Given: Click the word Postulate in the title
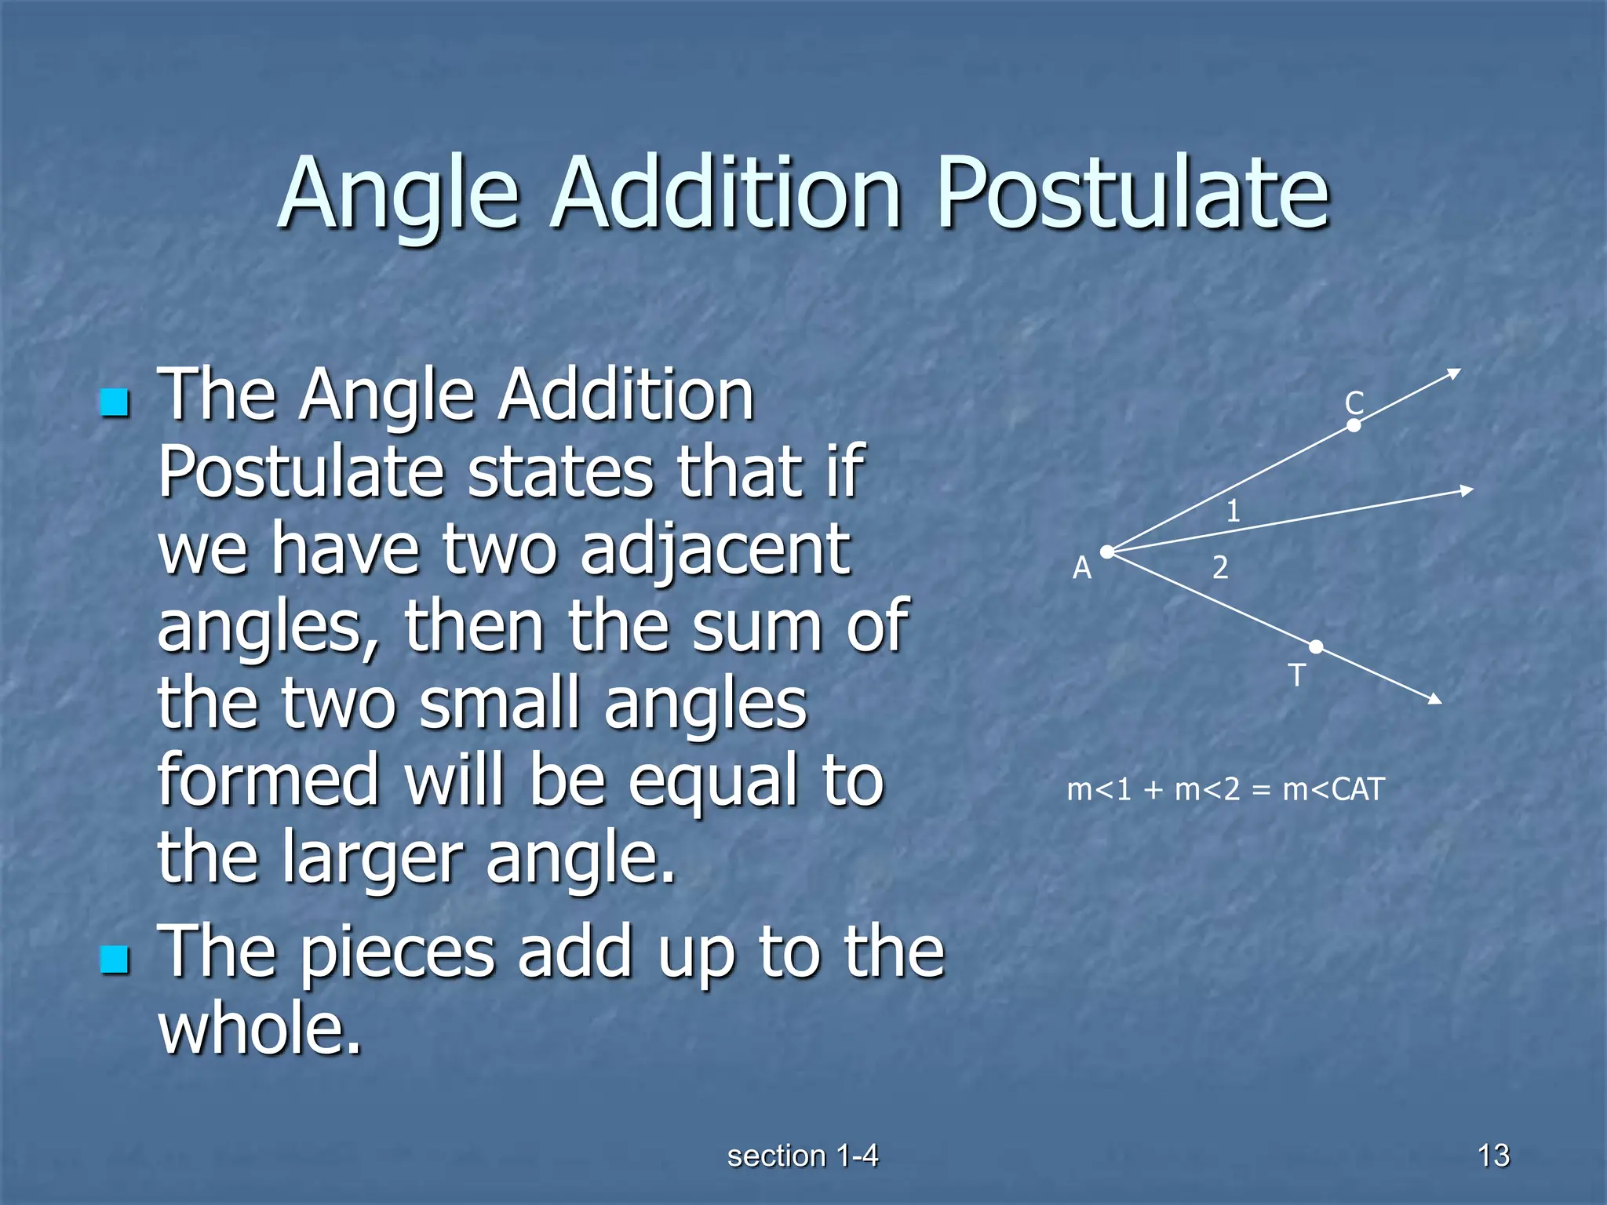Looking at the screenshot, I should pyautogui.click(x=1133, y=193).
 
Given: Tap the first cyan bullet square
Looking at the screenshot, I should pyautogui.click(x=115, y=403).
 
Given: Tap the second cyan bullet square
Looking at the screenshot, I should pyautogui.click(x=115, y=959).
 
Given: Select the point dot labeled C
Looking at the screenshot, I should pyautogui.click(x=1354, y=425).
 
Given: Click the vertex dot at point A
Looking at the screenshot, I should pyautogui.click(x=1107, y=552).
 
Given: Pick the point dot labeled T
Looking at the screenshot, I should pyautogui.click(x=1316, y=646).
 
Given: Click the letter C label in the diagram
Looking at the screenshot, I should pyautogui.click(x=1354, y=403).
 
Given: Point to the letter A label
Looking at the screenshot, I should pyautogui.click(x=1082, y=567).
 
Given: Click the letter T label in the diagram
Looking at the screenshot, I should pyautogui.click(x=1297, y=675).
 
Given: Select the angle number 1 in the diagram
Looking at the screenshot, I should pyautogui.click(x=1233, y=511).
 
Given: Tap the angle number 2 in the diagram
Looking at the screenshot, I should pyautogui.click(x=1219, y=567).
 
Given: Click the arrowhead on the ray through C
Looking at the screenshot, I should pyautogui.click(x=1454, y=373).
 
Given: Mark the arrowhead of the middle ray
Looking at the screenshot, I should pyautogui.click(x=1467, y=491).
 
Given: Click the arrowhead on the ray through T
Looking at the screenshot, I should pyautogui.click(x=1435, y=698).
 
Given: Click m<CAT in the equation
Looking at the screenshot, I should pyautogui.click(x=1333, y=789).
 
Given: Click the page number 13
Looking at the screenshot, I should pyautogui.click(x=1493, y=1156).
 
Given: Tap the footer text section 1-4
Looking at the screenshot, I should pyautogui.click(x=803, y=1156).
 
